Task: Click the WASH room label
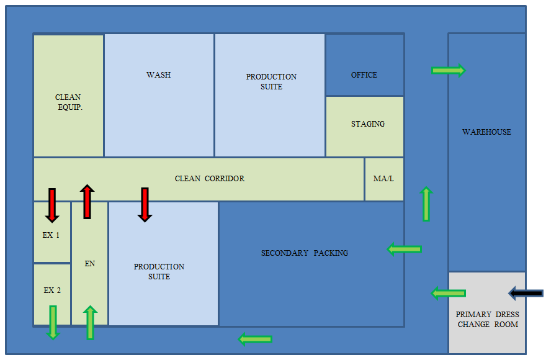tap(158, 75)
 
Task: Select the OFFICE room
tap(364, 75)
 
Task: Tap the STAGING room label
tap(368, 124)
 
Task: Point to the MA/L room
tap(383, 179)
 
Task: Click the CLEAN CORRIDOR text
tap(210, 179)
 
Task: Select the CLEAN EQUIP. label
tap(68, 102)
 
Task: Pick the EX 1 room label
tap(51, 235)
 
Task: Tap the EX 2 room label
tap(52, 290)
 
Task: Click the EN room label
tap(90, 264)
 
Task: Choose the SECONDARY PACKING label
tap(305, 253)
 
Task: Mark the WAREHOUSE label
tap(486, 132)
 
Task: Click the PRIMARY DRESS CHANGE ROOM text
tap(487, 320)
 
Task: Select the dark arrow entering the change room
tap(526, 293)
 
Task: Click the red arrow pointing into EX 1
tap(52, 205)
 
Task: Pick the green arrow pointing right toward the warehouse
tap(448, 71)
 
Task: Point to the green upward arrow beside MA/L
tap(426, 204)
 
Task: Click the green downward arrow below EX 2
tap(53, 322)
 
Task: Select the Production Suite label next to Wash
tap(271, 82)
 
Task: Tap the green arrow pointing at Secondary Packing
tap(405, 250)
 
